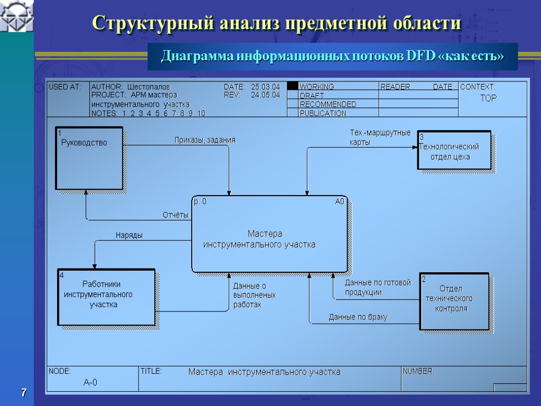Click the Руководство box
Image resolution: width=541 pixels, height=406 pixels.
89,158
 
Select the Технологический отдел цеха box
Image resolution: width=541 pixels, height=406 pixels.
454,150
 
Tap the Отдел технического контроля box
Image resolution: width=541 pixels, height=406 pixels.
454,300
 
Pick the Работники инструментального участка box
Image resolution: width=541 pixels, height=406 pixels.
106,297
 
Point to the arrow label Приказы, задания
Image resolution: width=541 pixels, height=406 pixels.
205,140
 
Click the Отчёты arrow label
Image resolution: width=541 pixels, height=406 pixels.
175,215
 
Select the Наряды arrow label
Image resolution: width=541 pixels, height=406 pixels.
129,235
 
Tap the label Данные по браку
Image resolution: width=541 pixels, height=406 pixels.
358,317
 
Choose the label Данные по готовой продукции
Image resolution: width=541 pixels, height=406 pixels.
377,288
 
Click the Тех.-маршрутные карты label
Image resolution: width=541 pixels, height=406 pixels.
380,137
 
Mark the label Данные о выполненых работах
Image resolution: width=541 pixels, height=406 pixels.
254,295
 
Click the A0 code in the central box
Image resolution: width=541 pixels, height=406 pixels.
340,201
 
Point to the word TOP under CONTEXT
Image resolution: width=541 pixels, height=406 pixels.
488,98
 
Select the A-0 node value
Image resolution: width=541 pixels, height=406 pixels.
90,382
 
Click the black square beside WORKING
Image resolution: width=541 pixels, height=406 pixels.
292,86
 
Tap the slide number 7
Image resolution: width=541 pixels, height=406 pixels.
23,393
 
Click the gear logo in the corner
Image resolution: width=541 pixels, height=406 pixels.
16,16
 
